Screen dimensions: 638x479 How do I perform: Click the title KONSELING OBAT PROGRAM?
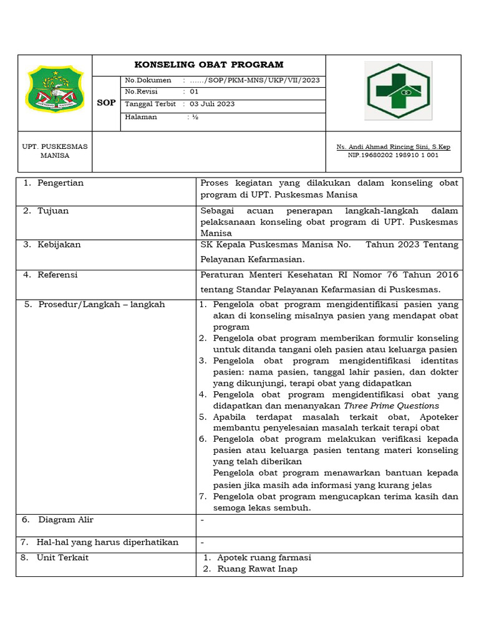coord(209,65)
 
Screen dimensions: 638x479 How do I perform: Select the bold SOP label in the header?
coord(106,103)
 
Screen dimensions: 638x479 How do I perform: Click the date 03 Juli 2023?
coord(212,104)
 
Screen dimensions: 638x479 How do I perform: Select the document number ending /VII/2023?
coord(255,81)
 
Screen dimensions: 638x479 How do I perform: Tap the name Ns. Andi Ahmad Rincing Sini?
coord(393,147)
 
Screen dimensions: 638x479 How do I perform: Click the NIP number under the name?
coord(393,155)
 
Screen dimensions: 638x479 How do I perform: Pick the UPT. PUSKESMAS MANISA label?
coord(55,151)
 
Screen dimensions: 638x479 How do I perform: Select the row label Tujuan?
coord(53,211)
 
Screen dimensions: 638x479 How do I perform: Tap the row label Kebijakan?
coord(59,245)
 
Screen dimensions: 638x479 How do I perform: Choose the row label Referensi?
coord(57,275)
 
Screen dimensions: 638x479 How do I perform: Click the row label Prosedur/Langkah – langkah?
coord(101,305)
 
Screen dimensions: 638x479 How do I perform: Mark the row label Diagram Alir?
coord(65,520)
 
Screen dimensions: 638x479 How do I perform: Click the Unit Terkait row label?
coord(62,558)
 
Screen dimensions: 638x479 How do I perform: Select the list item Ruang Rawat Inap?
coord(257,569)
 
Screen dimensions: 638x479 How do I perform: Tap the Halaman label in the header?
coord(141,117)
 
